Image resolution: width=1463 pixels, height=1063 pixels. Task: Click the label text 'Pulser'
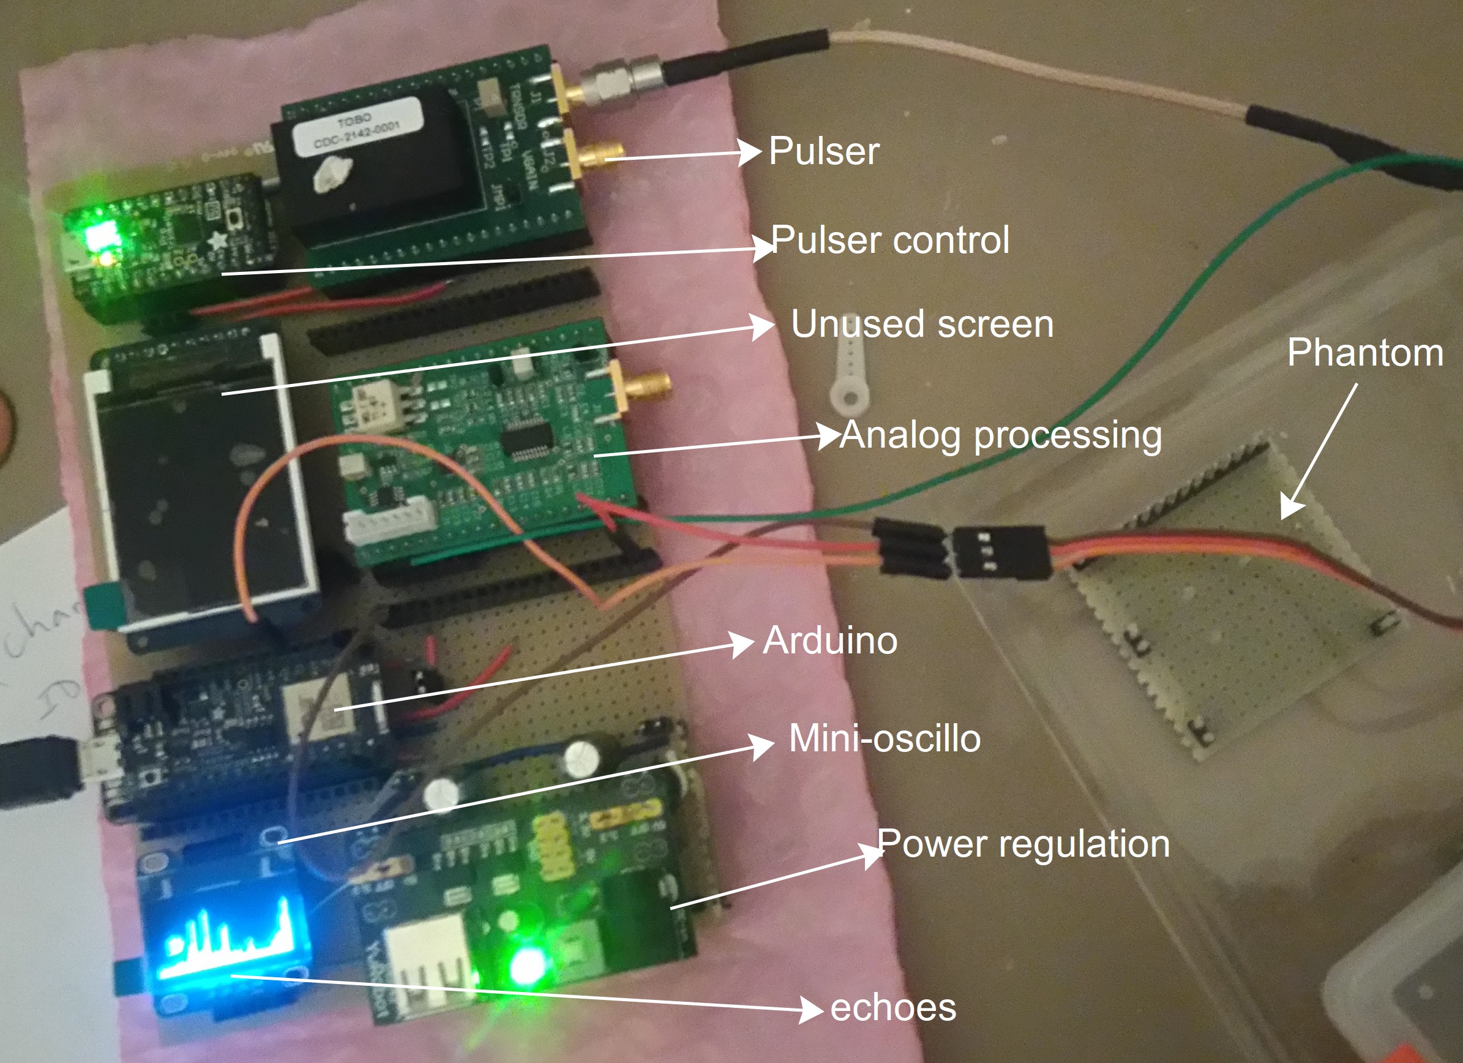pos(824,152)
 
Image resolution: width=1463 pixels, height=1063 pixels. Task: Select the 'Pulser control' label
pos(890,240)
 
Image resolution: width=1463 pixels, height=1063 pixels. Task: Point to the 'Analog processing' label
pos(1000,435)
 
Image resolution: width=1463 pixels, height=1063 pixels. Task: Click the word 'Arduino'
pos(830,640)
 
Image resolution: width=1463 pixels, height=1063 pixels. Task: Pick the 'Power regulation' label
pos(1023,844)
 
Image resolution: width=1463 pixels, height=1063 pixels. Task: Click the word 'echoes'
pos(892,1007)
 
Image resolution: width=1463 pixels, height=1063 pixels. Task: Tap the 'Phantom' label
pos(1365,353)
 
